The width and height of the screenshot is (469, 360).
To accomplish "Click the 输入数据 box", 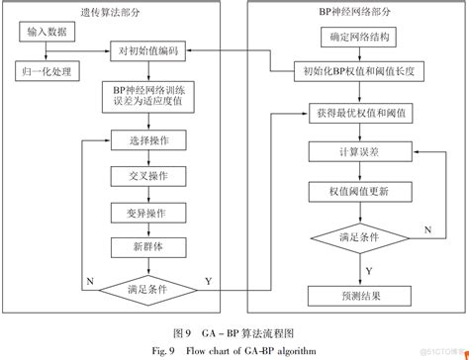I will [x=47, y=34].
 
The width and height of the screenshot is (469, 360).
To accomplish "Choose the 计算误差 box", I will [x=353, y=151].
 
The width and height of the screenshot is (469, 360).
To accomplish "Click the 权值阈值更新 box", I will [x=353, y=190].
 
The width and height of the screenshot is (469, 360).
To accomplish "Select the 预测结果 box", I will [x=353, y=296].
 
